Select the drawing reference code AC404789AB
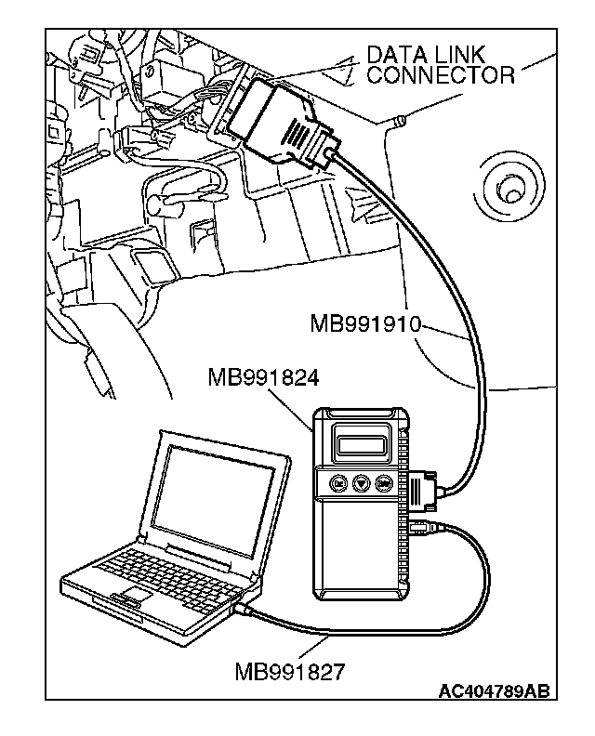pyautogui.click(x=494, y=691)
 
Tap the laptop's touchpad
pyautogui.click(x=132, y=594)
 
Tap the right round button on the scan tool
pyautogui.click(x=385, y=483)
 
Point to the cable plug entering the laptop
pyautogui.click(x=242, y=610)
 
